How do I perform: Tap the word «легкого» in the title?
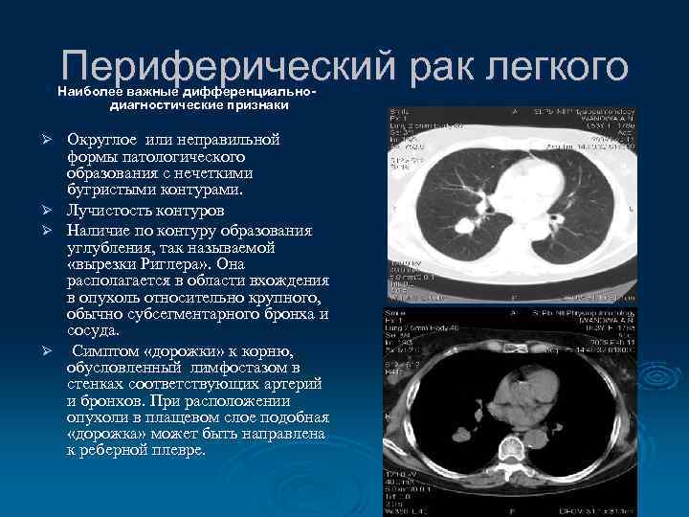[x=559, y=68]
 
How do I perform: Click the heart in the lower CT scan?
[x=531, y=388]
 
